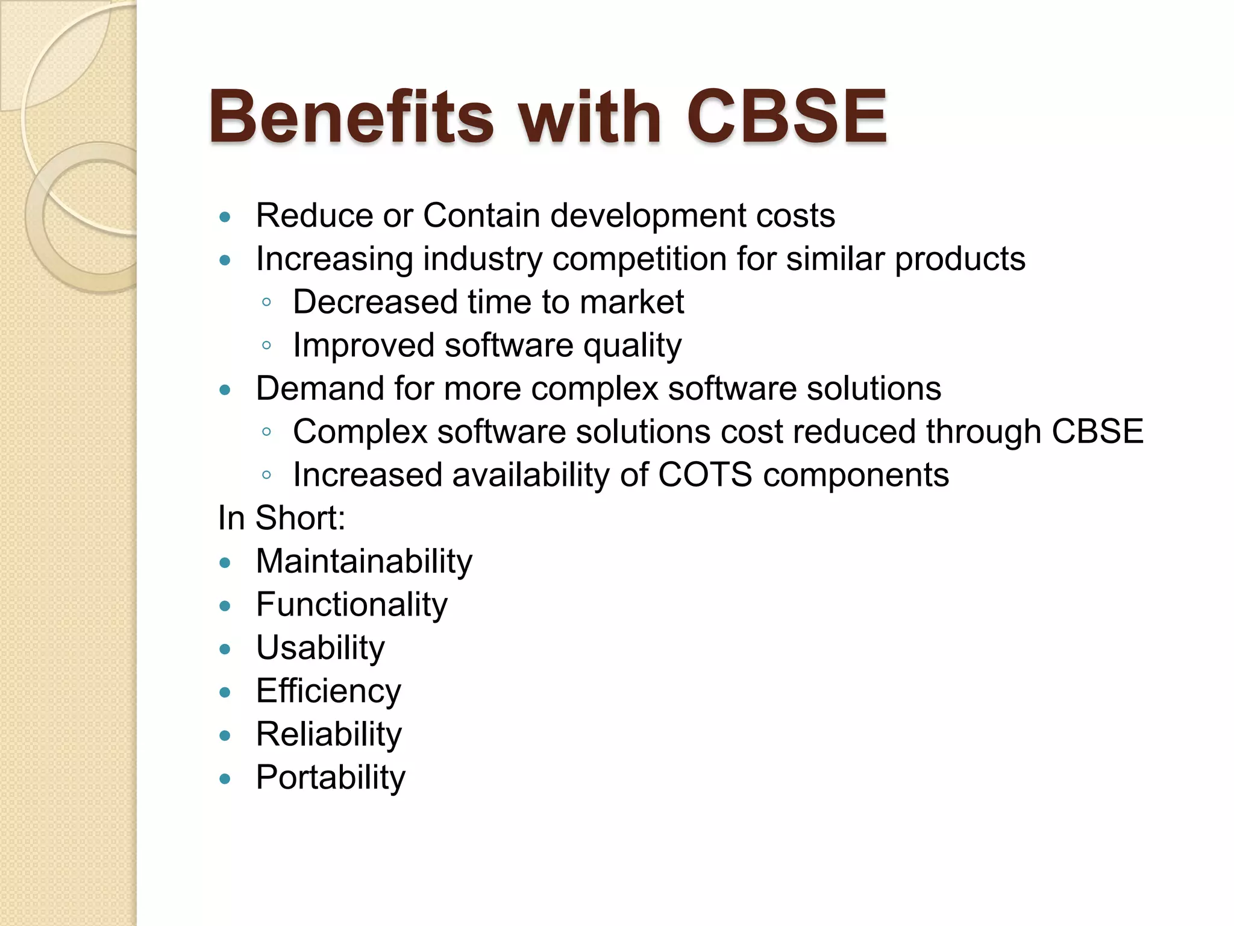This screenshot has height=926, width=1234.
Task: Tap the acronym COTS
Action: (705, 474)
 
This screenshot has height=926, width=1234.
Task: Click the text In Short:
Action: (281, 518)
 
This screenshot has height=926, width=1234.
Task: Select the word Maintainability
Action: (364, 561)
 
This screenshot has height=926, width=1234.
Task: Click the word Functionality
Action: (352, 605)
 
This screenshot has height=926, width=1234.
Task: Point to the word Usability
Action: (320, 648)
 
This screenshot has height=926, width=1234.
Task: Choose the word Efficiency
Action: (328, 691)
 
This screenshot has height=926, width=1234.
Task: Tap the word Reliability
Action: (328, 734)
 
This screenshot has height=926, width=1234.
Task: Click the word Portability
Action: (330, 778)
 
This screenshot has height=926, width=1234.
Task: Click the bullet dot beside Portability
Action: (225, 779)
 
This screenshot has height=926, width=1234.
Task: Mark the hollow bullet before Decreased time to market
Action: (266, 303)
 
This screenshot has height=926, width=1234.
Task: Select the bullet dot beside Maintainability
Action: (225, 563)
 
